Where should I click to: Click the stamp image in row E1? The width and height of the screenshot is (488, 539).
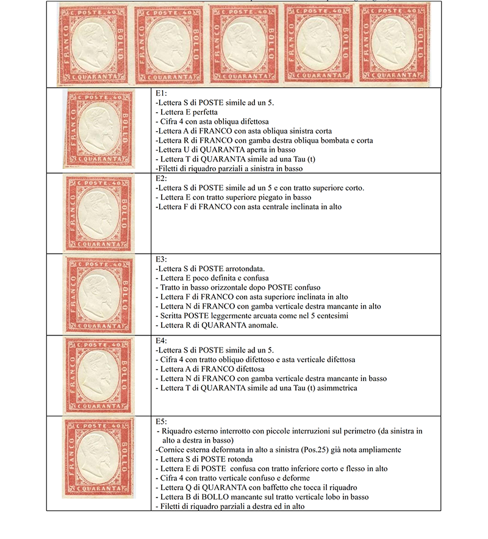98,129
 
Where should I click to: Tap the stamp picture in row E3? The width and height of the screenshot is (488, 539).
98,293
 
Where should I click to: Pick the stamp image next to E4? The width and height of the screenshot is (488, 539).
98,375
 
